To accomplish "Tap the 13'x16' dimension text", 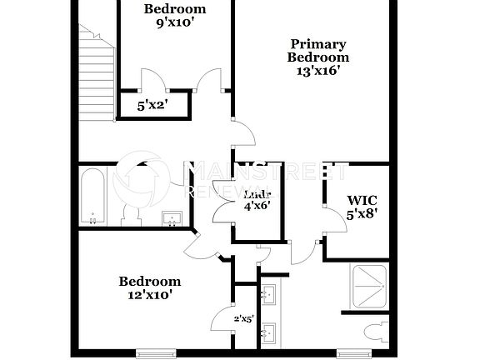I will [x=317, y=71].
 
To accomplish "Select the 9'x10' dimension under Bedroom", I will [x=174, y=22].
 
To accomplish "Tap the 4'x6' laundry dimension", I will [x=256, y=204].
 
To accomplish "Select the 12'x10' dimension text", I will [x=149, y=294].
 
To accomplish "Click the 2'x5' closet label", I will [x=244, y=317].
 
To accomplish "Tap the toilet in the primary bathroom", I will [x=373, y=332].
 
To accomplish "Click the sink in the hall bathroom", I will [x=172, y=218].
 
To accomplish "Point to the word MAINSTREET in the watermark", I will [x=267, y=172].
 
